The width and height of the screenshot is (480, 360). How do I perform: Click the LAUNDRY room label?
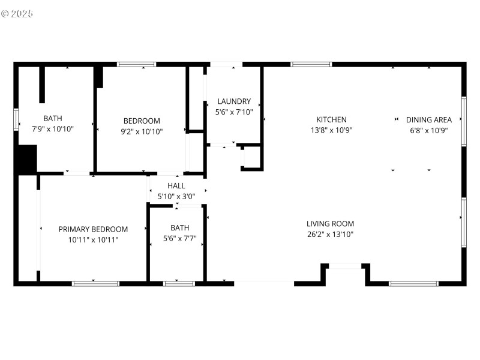pos(234,101)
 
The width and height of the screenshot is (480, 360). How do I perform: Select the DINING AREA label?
pos(428,119)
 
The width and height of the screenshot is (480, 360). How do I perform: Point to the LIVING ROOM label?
pos(330,224)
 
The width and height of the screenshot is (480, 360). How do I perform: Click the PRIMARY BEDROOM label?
pos(93,229)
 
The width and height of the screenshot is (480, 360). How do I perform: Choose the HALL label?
pos(176,186)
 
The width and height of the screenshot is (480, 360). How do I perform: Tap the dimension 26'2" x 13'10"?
pos(330,235)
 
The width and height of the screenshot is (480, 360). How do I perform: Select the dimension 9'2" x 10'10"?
pos(142,131)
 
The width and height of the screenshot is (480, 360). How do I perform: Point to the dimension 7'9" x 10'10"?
pos(52,128)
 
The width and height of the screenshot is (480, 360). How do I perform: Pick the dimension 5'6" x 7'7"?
pos(179,238)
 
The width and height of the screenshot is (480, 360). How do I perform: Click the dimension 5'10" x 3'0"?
pos(176,196)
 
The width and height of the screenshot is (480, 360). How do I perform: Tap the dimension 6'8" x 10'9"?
pos(428,130)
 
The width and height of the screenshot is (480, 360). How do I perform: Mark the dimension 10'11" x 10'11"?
pos(93,239)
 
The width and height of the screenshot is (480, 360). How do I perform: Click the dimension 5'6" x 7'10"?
pos(234,112)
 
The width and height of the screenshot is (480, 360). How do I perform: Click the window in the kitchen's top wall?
pos(311,64)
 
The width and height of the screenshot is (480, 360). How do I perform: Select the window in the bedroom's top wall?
pos(136,64)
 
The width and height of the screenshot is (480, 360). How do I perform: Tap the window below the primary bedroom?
pos(95,283)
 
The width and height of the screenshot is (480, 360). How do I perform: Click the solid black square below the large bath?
pos(26,160)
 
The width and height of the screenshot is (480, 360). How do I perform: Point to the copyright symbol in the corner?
pos(5,13)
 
